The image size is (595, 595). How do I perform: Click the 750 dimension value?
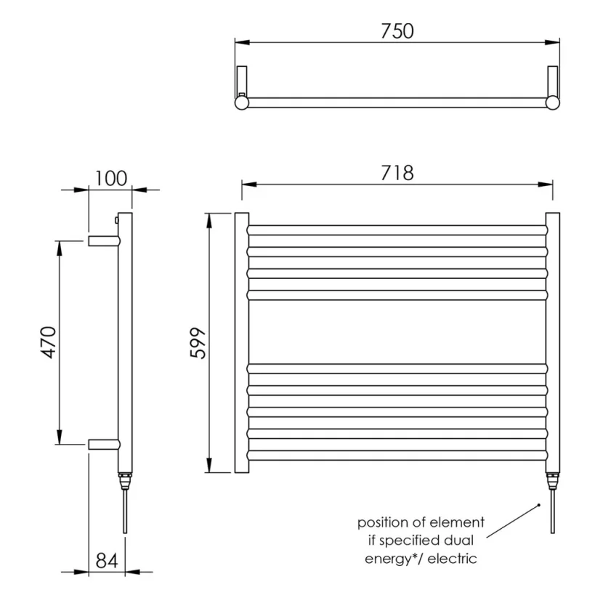click(x=396, y=31)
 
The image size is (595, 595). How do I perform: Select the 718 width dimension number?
click(x=396, y=173)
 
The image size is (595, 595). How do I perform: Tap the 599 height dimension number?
click(x=197, y=343)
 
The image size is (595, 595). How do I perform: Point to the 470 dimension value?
click(x=47, y=342)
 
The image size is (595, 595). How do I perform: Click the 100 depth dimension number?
click(x=110, y=178)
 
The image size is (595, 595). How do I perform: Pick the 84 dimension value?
click(x=107, y=560)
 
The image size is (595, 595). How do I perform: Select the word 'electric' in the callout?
click(x=453, y=558)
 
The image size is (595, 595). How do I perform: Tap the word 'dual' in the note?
click(x=466, y=541)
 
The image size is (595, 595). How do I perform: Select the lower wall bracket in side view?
click(x=102, y=444)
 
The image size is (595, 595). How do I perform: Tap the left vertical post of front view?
click(x=241, y=343)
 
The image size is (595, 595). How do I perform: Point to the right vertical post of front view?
click(x=553, y=343)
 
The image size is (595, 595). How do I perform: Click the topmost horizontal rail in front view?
click(x=397, y=230)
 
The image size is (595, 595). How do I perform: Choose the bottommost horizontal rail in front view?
click(x=397, y=456)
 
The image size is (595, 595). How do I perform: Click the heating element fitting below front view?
click(x=553, y=481)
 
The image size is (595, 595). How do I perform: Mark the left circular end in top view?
click(x=241, y=103)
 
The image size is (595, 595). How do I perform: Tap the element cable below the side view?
click(x=126, y=512)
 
